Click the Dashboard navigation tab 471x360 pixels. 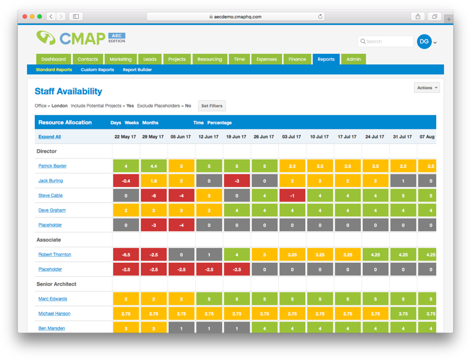53,59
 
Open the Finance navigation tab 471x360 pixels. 297,59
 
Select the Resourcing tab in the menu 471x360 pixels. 209,59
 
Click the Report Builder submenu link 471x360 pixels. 137,70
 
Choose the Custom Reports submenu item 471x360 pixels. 97,70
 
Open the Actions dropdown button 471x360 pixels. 426,88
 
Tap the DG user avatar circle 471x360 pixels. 424,42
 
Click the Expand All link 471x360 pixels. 50,137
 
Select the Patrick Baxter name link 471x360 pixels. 52,166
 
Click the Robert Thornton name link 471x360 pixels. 54,255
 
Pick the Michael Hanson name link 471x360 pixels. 54,314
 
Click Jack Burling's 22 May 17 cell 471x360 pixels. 125,181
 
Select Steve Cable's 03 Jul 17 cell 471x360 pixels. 292,196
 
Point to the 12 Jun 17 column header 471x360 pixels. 209,137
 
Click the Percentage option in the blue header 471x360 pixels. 219,123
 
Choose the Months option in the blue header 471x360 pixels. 150,123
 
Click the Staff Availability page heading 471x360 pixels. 68,92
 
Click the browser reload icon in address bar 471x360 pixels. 320,17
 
